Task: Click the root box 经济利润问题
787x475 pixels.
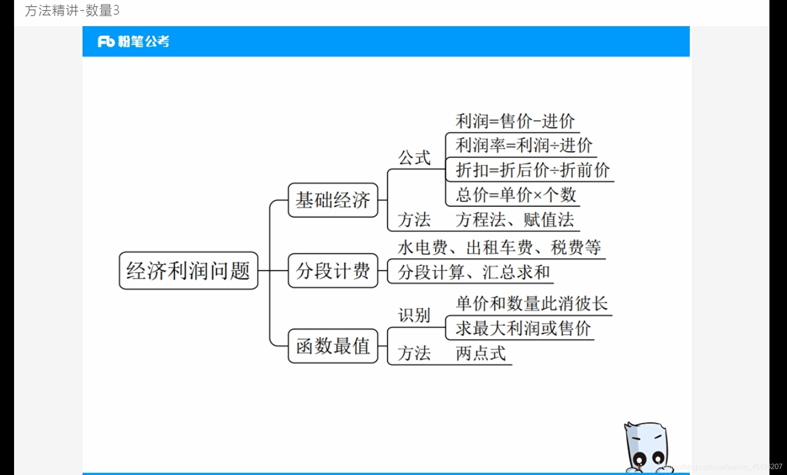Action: click(188, 270)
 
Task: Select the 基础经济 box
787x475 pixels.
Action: click(333, 200)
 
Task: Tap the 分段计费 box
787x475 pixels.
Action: click(333, 270)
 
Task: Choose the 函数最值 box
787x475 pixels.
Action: click(333, 346)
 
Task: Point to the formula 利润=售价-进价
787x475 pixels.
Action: click(515, 121)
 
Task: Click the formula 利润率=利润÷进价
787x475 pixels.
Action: click(523, 145)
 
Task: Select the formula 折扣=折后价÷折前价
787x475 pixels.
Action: click(532, 170)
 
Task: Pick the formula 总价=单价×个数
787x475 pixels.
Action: click(515, 195)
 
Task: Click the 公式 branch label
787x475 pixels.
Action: click(414, 157)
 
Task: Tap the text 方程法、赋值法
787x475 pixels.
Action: click(515, 219)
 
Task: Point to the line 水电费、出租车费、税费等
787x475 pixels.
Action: click(499, 247)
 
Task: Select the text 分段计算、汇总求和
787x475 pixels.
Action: click(473, 272)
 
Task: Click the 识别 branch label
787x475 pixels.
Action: click(414, 315)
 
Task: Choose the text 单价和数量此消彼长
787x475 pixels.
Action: click(531, 303)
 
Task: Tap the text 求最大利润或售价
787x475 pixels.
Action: click(522, 328)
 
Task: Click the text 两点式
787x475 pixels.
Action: click(480, 353)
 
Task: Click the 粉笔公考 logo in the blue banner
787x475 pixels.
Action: click(133, 41)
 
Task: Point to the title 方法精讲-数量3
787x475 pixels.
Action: click(72, 10)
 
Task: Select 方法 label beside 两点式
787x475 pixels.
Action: click(414, 353)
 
